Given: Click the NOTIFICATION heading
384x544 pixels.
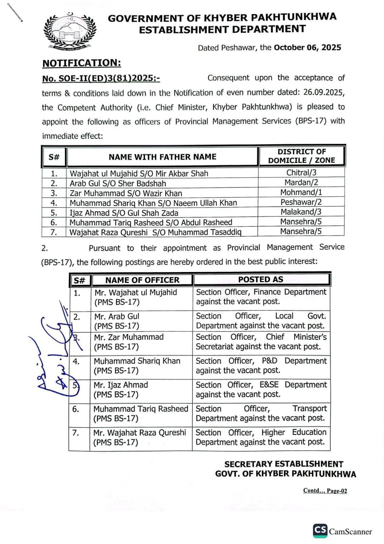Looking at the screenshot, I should point(82,63).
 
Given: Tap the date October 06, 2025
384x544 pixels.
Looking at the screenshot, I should point(307,48).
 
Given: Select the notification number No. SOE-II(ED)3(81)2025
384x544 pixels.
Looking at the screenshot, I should point(101,79).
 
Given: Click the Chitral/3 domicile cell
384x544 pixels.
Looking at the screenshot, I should point(301,173).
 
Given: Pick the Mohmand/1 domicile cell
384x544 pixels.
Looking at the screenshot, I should point(301,192).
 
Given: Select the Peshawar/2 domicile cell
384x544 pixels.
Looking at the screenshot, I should point(301,202).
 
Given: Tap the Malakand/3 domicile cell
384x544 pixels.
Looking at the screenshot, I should point(301,212).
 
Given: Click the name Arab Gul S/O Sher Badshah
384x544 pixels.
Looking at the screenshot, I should point(118,184).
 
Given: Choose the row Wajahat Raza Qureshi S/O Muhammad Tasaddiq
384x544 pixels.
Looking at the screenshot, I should point(155,233).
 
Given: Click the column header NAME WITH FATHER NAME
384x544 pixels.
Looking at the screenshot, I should point(162,157).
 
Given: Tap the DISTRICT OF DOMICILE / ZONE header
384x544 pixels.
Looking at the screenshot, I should point(302,156).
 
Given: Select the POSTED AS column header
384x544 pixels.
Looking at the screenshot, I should point(261,279).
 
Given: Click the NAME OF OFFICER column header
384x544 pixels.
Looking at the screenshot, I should point(142,280).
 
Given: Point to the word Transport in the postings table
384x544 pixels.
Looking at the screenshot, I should point(310,408).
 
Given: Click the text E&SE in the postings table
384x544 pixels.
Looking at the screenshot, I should point(269,385).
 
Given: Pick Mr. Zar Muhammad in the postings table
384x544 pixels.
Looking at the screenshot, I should point(129,337).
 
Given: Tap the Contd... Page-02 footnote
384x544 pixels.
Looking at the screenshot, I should point(325,491).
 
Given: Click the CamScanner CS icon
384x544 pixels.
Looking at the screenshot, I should point(320,530).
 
